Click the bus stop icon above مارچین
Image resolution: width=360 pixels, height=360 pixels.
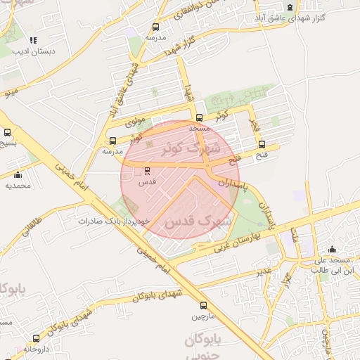click(x=204, y=306)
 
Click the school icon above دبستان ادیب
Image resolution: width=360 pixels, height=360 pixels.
click(x=33, y=40)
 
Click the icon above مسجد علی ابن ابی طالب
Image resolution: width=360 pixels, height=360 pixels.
click(x=332, y=250)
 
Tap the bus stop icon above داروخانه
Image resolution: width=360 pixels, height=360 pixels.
click(x=36, y=339)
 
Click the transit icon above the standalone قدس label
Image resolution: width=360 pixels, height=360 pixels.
click(x=147, y=170)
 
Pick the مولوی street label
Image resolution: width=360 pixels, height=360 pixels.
click(x=134, y=121)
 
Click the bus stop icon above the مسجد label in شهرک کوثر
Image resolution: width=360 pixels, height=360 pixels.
click(x=200, y=117)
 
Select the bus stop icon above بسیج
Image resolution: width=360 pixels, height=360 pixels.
click(x=8, y=132)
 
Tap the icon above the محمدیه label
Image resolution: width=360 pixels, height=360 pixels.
click(x=18, y=175)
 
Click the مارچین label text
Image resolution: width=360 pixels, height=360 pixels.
click(x=204, y=316)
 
